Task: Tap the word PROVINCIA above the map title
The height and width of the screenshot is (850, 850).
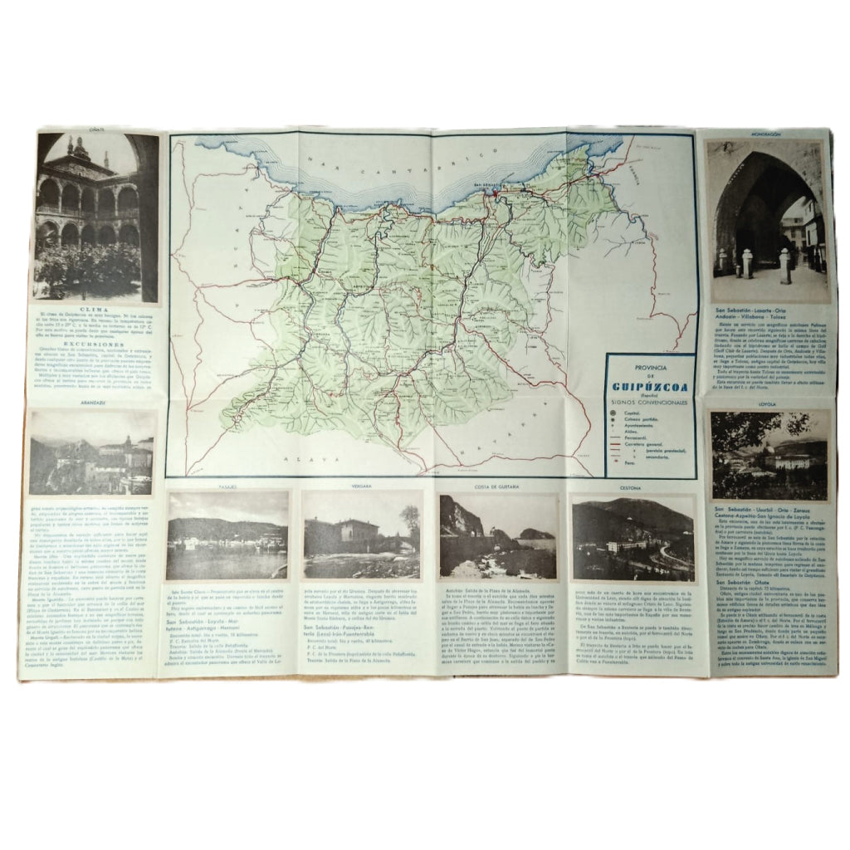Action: pyautogui.click(x=651, y=365)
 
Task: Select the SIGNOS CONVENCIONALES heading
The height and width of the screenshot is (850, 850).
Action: pyautogui.click(x=651, y=402)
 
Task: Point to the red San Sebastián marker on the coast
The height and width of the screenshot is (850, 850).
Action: pyautogui.click(x=494, y=194)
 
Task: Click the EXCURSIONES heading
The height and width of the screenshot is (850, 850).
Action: pyautogui.click(x=94, y=340)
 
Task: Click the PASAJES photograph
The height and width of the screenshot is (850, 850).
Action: pyautogui.click(x=227, y=535)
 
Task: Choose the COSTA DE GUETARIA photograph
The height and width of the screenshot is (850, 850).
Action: pyautogui.click(x=497, y=536)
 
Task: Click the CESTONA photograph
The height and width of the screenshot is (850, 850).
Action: pyautogui.click(x=633, y=537)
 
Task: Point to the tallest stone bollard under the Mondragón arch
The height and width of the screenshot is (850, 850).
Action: pyautogui.click(x=784, y=266)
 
